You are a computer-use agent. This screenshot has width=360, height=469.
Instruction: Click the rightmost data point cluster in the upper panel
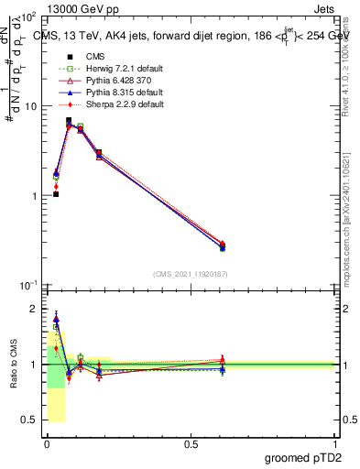point(223,245)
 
